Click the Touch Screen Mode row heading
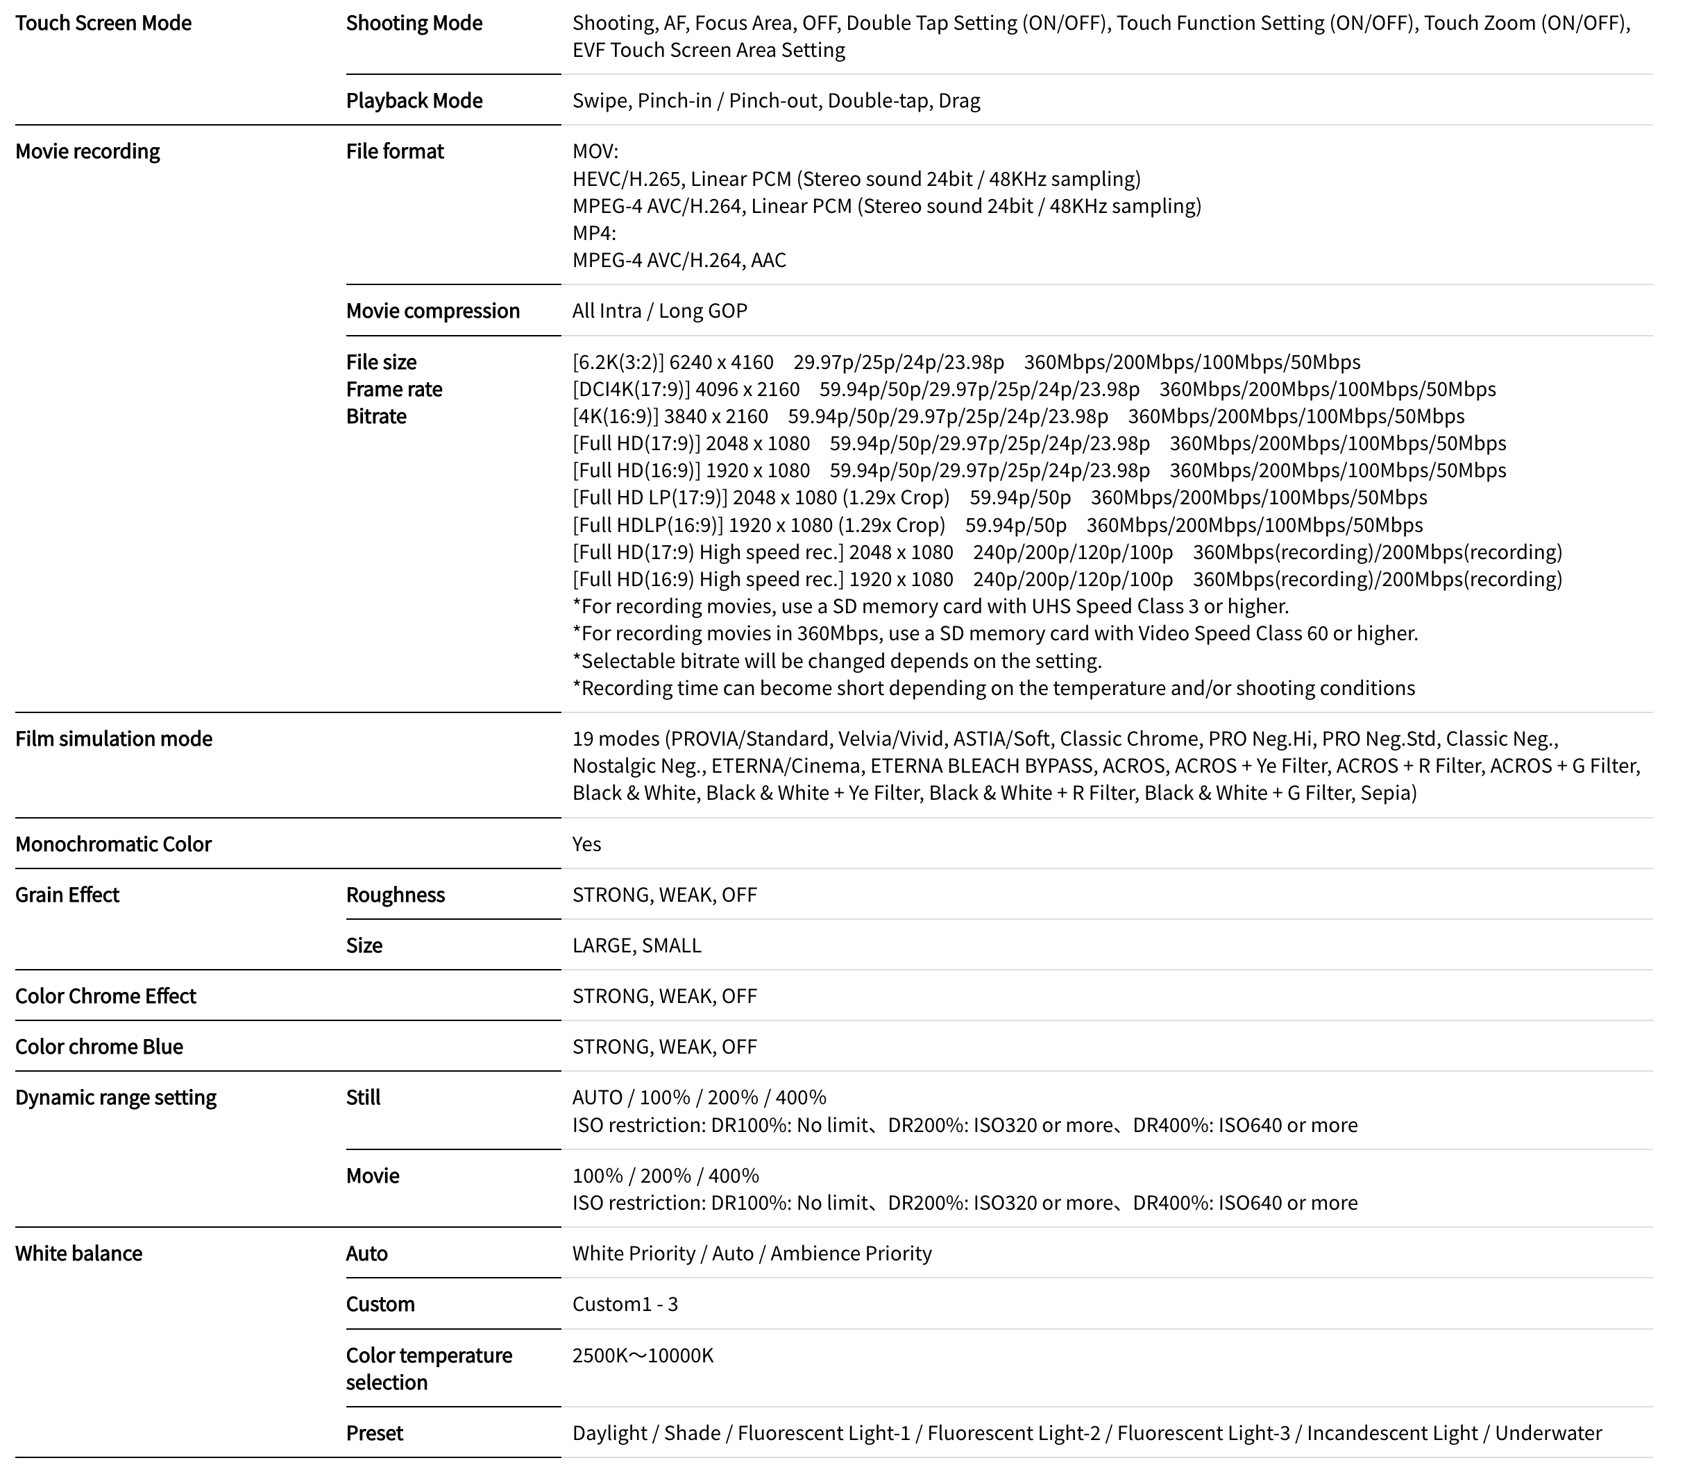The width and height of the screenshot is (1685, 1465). (103, 23)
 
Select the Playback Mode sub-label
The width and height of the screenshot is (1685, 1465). (414, 101)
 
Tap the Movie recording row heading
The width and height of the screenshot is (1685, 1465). (87, 151)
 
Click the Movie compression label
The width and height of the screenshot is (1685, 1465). (433, 311)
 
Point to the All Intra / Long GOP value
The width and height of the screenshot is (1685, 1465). (659, 311)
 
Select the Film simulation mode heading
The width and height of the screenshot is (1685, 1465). (114, 739)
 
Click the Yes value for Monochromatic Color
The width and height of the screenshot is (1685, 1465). (586, 844)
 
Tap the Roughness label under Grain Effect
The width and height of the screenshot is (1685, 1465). (395, 896)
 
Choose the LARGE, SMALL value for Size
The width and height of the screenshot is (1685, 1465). (636, 946)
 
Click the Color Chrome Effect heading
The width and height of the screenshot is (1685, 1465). (105, 997)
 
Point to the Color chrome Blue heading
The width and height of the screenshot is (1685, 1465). (99, 1047)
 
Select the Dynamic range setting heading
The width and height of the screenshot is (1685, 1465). (115, 1098)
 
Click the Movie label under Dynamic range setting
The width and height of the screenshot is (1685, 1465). (372, 1176)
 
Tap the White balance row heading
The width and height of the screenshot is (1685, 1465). (78, 1254)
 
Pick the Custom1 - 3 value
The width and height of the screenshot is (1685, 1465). (625, 1305)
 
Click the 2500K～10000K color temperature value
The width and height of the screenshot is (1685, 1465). (643, 1356)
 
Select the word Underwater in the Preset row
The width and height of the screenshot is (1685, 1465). (1548, 1434)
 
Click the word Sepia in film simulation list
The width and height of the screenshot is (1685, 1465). (1386, 793)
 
